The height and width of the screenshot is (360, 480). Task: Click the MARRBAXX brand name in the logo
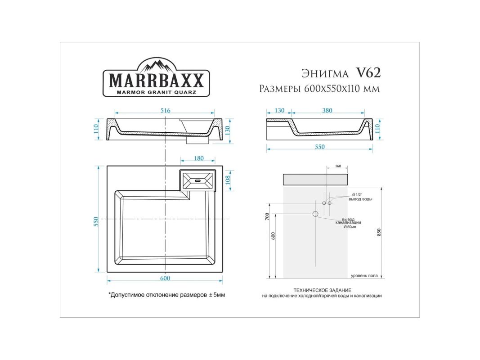[x=156, y=81]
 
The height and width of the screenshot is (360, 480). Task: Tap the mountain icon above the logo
[x=157, y=66]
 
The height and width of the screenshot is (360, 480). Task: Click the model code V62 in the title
[x=368, y=73]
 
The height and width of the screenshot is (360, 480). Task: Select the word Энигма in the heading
[x=325, y=74]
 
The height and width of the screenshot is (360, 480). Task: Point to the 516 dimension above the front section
[x=165, y=111]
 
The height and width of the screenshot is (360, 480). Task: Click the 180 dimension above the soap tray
[x=199, y=158]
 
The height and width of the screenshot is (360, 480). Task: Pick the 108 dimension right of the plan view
[x=228, y=180]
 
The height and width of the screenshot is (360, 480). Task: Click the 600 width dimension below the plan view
[x=165, y=278]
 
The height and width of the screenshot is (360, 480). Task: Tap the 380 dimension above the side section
[x=327, y=111]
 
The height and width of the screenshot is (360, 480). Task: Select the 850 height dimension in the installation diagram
[x=379, y=232]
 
